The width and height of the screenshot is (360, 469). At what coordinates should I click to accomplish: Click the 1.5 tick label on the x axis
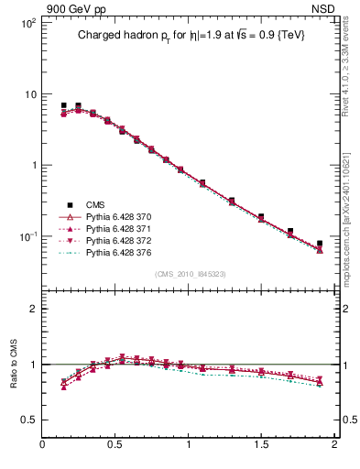[x=261, y=446]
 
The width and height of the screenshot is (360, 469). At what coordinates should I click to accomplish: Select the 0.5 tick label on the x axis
[x=115, y=446]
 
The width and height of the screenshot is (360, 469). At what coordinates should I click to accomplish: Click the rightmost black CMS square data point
[x=320, y=244]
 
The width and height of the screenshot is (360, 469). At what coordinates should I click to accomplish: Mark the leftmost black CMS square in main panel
[x=63, y=106]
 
